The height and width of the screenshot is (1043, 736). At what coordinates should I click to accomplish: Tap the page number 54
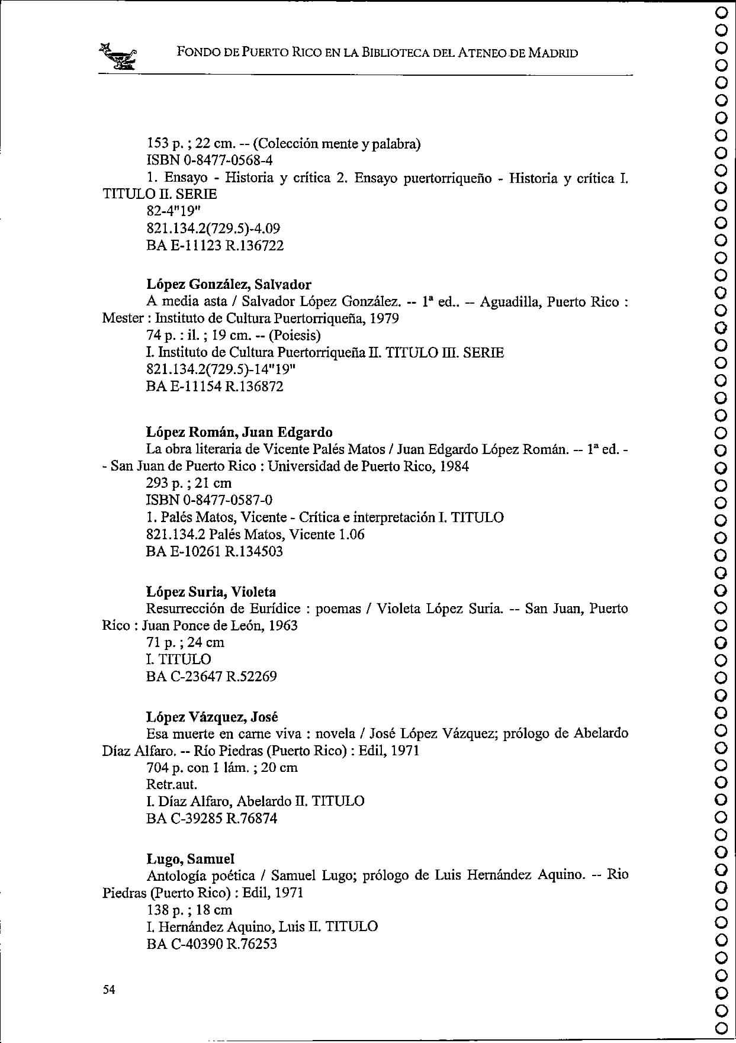(x=108, y=990)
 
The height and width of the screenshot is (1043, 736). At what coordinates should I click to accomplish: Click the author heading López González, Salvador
(x=229, y=285)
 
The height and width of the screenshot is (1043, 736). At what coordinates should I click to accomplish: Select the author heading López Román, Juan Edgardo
(x=239, y=432)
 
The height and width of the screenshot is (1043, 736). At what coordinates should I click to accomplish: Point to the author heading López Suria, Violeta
(x=211, y=592)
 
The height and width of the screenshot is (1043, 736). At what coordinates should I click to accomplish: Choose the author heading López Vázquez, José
(x=212, y=717)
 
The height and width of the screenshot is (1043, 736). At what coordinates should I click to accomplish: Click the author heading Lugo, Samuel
(x=190, y=858)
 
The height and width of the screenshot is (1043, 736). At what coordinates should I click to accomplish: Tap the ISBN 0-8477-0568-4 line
(x=209, y=160)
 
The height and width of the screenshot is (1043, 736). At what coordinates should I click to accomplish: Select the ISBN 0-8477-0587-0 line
(x=209, y=500)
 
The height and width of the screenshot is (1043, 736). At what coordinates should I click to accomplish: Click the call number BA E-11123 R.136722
(x=215, y=245)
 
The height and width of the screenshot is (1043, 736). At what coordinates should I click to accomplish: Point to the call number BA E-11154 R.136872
(x=215, y=387)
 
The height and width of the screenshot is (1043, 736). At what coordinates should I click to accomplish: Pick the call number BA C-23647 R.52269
(x=211, y=676)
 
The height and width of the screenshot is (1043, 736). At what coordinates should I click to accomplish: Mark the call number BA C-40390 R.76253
(x=211, y=944)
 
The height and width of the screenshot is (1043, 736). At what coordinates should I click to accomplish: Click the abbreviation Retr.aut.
(x=172, y=784)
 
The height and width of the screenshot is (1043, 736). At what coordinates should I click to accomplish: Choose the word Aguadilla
(x=509, y=302)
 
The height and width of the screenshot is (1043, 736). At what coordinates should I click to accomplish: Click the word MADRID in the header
(x=553, y=53)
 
